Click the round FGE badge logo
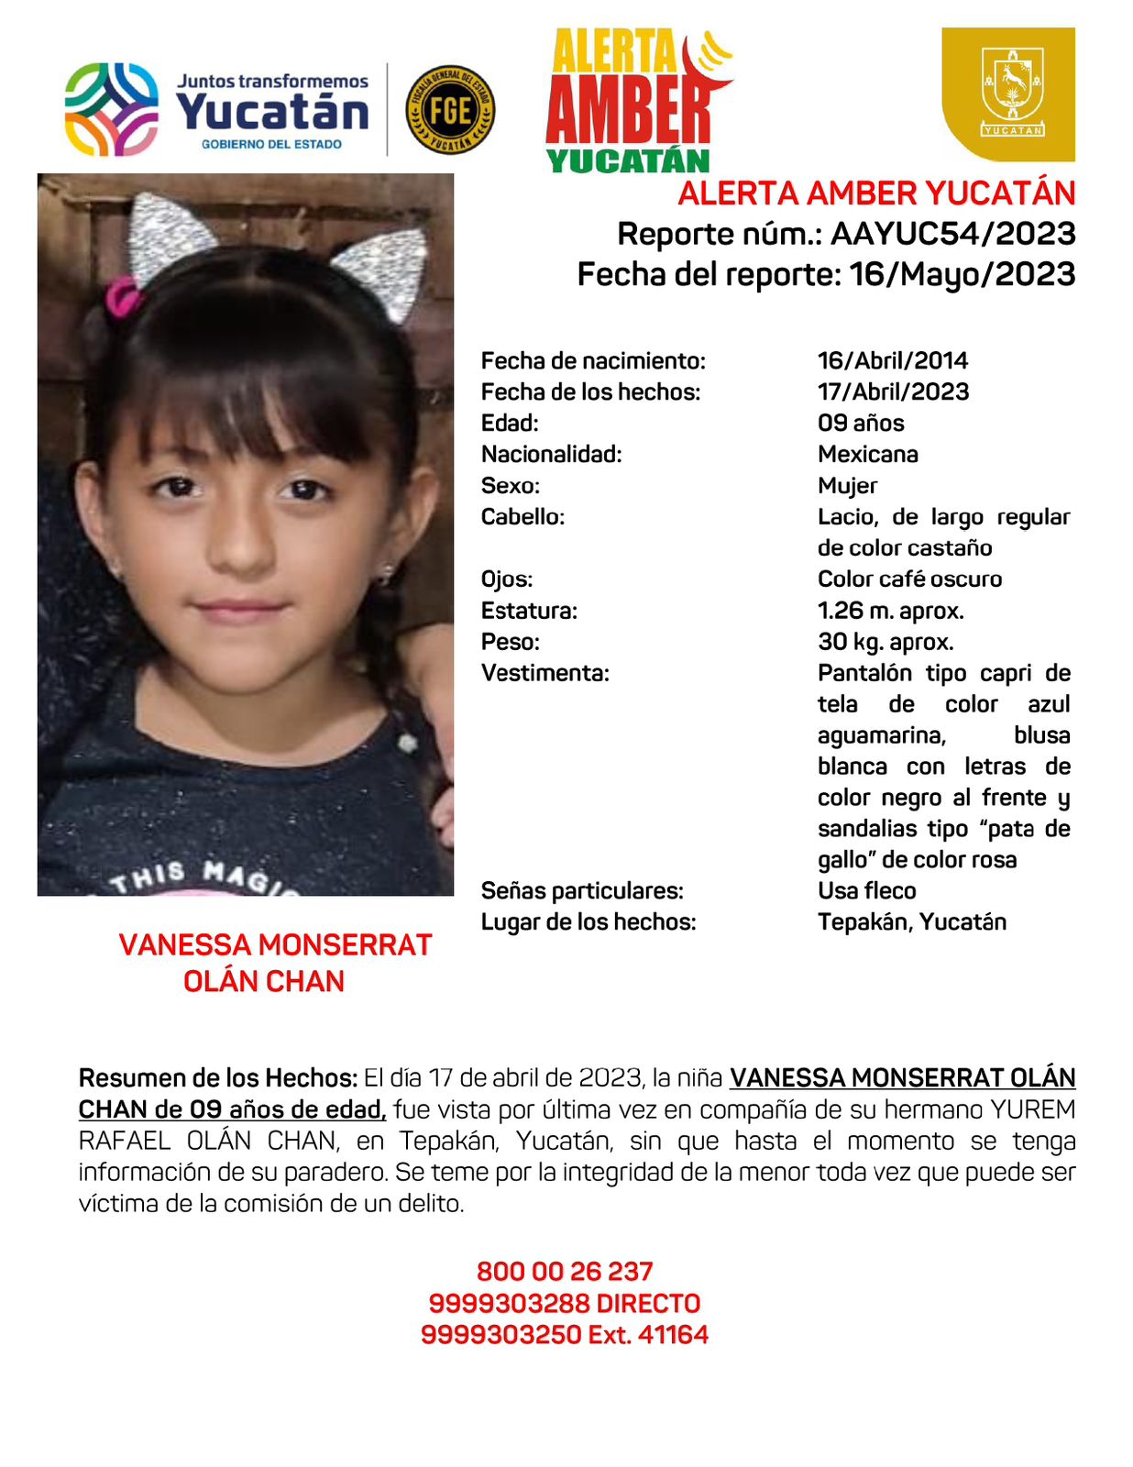click(x=449, y=110)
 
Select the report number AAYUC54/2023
click(x=952, y=234)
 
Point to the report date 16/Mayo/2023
click(x=962, y=274)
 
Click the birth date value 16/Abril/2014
click(x=892, y=360)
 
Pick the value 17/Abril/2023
click(x=893, y=392)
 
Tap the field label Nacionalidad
click(x=551, y=454)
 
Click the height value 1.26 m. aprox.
click(x=890, y=611)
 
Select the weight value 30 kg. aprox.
click(x=885, y=642)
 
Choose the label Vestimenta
click(x=544, y=673)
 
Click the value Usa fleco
click(x=866, y=890)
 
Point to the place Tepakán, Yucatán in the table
click(x=911, y=921)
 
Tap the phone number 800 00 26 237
click(x=565, y=1272)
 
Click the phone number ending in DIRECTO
click(x=565, y=1303)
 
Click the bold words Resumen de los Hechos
click(x=217, y=1077)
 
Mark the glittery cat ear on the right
click(x=385, y=270)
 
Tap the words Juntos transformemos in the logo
click(x=272, y=82)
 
